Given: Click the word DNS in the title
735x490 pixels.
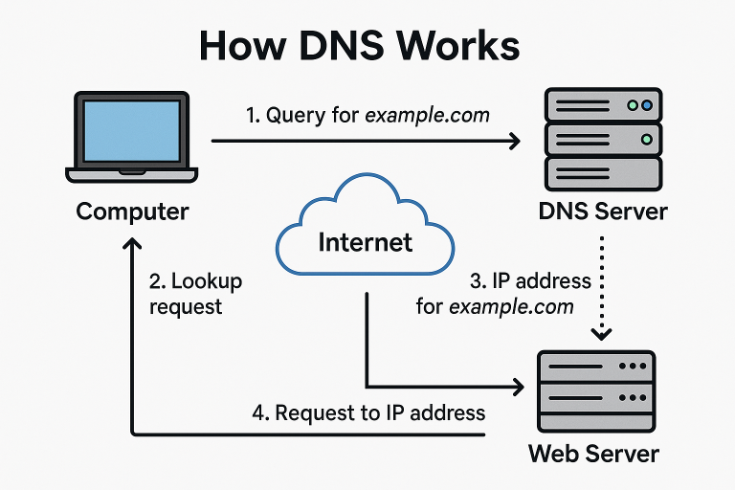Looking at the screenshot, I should point(338,46).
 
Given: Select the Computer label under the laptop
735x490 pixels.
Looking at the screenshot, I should point(132,211).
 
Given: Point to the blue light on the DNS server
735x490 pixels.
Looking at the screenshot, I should point(648,105).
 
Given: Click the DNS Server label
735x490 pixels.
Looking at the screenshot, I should point(603,212).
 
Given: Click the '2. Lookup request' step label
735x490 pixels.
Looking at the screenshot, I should point(195,294).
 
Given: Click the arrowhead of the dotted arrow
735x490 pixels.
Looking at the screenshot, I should point(602,334).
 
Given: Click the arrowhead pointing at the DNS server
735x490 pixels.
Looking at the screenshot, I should point(514,142).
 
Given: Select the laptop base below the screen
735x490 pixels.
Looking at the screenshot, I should point(131,175).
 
